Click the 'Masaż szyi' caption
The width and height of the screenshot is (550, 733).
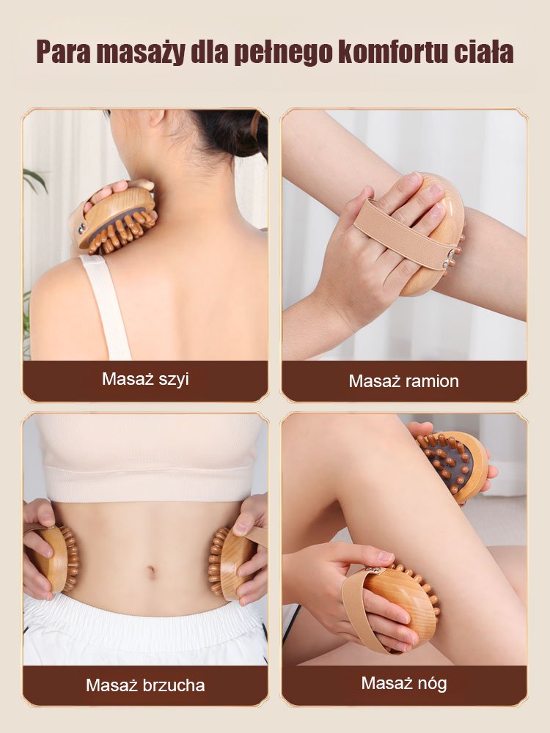click(145, 379)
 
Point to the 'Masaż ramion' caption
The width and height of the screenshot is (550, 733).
click(403, 381)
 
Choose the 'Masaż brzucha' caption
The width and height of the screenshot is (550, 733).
click(145, 685)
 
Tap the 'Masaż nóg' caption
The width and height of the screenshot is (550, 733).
click(404, 683)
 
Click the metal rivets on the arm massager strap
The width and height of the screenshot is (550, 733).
click(452, 258)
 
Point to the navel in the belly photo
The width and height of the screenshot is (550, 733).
click(150, 571)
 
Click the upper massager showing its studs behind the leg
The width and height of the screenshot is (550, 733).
click(452, 465)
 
